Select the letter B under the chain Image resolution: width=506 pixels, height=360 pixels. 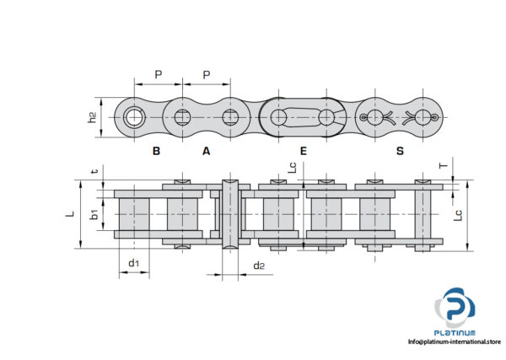click(156, 152)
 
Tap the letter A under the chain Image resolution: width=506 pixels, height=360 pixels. click(206, 152)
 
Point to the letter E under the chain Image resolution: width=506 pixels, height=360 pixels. click(303, 152)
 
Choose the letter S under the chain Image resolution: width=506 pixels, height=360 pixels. click(400, 152)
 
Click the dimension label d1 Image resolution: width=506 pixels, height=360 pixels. click(133, 264)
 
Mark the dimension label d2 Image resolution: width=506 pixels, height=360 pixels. click(260, 266)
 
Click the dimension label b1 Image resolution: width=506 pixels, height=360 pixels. click(95, 214)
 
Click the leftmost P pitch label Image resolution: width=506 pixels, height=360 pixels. click(158, 74)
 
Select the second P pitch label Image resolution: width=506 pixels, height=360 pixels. click(207, 74)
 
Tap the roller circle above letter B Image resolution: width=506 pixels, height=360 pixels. click(133, 117)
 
